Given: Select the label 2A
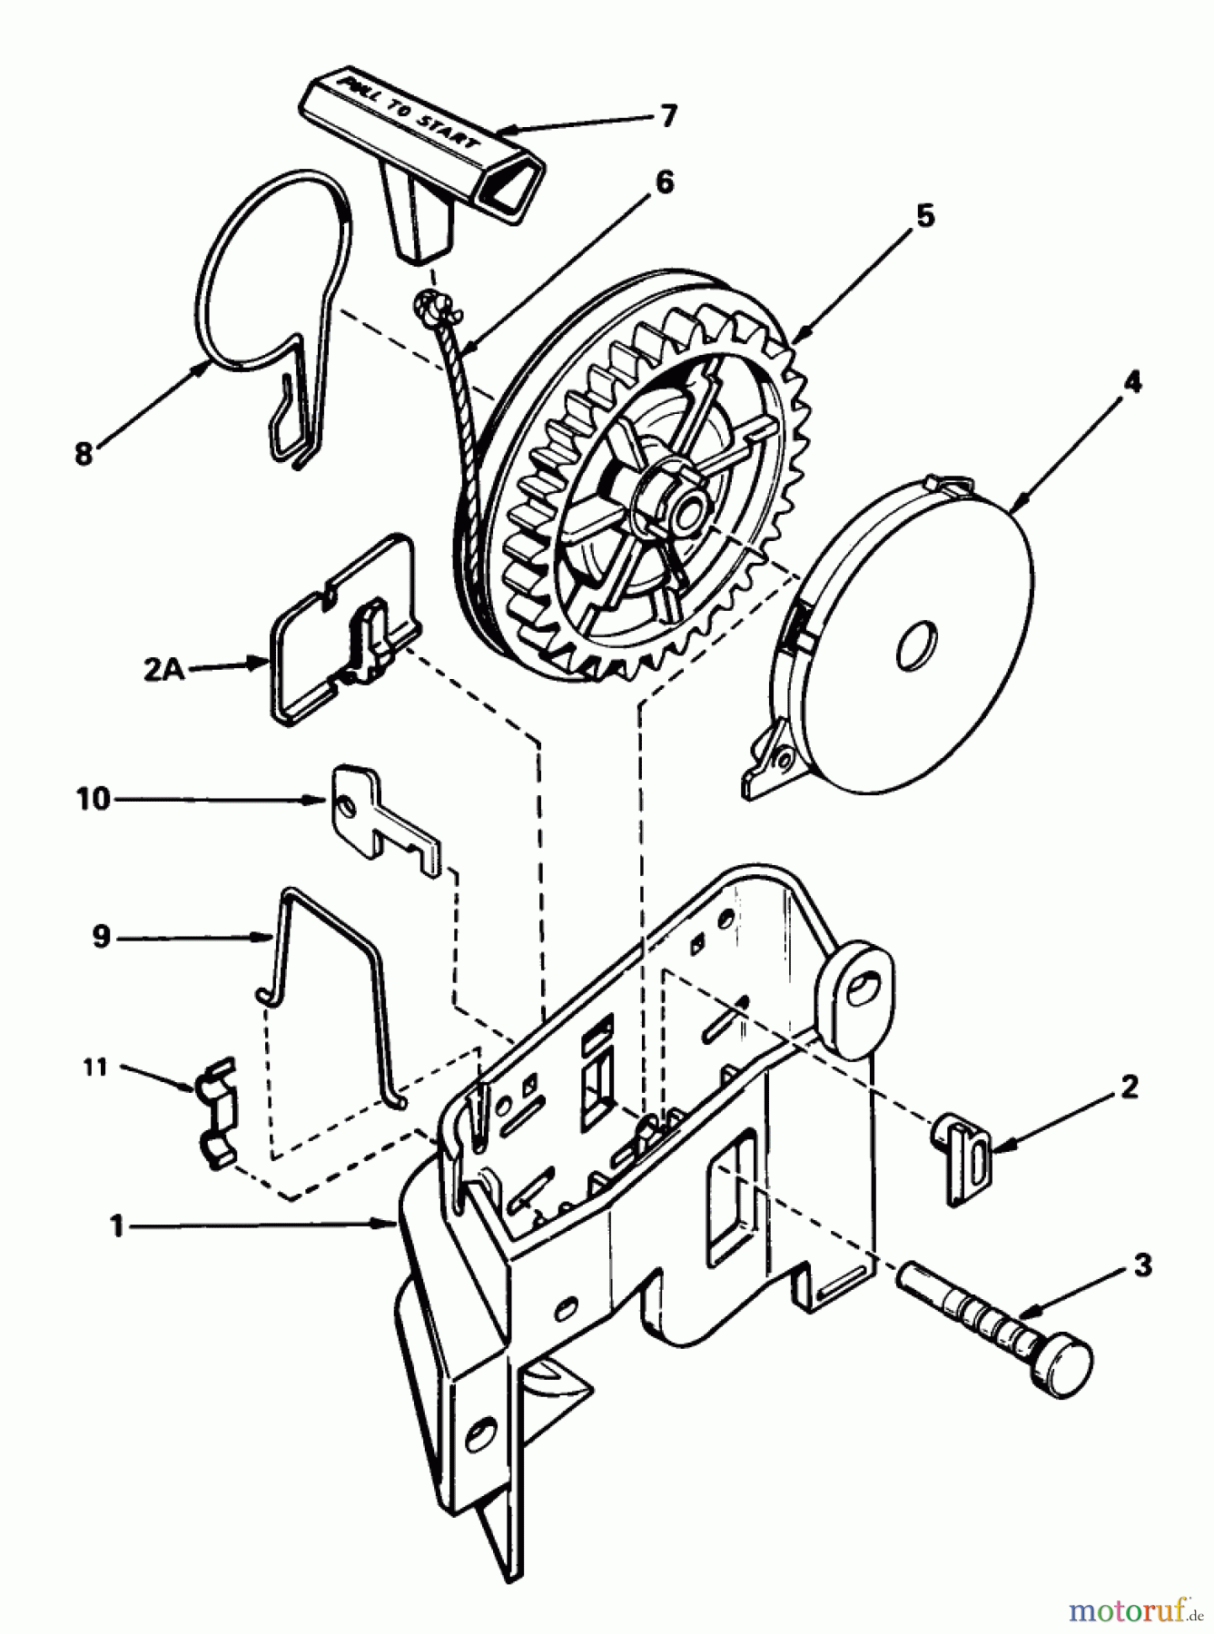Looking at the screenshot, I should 163,670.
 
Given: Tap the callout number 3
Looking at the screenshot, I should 1142,1265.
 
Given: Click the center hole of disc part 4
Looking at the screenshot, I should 914,645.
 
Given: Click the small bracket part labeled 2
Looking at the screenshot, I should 962,1157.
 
